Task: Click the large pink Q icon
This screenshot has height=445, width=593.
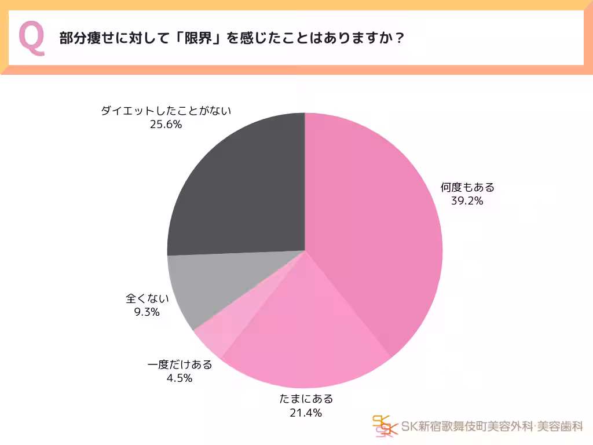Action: (32, 38)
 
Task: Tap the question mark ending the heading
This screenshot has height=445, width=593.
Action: (398, 39)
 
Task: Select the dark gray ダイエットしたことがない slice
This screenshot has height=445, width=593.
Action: (237, 185)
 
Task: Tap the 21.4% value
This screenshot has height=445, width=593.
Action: (305, 413)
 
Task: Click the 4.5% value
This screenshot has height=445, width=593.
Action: (180, 378)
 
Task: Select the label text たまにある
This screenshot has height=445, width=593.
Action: (306, 399)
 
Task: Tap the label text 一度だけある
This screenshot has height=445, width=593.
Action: (180, 364)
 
